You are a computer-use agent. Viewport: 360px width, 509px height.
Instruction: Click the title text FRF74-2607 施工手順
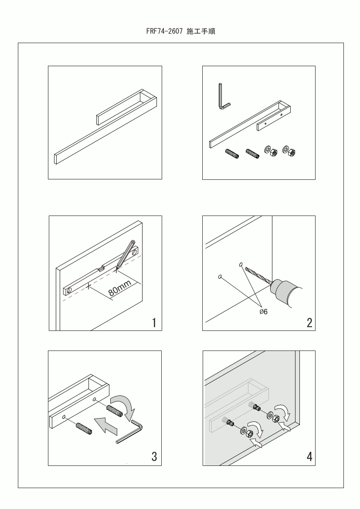[x=180, y=31]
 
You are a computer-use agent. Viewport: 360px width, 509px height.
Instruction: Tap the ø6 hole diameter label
[x=264, y=312]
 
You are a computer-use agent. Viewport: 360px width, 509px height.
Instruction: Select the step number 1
[x=154, y=323]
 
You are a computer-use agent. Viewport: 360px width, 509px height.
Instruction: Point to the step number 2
[x=309, y=323]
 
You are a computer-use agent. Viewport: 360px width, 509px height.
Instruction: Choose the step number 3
[x=154, y=456]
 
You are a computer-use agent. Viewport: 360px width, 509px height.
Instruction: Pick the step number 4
[x=309, y=456]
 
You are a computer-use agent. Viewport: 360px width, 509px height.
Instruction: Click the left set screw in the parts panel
[x=232, y=154]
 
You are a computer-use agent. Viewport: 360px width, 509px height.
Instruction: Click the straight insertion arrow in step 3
[x=106, y=425]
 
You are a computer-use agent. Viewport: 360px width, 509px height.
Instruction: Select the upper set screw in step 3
[x=114, y=411]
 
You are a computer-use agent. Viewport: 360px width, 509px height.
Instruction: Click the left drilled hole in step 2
[x=220, y=277]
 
